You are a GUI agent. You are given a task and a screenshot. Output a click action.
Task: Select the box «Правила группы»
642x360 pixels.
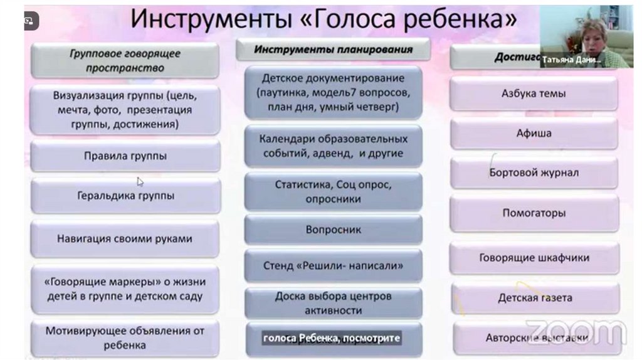pos(125,156)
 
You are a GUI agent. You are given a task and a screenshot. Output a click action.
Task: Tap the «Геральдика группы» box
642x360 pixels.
pos(125,196)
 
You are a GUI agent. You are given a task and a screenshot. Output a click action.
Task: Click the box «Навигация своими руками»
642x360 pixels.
pos(125,239)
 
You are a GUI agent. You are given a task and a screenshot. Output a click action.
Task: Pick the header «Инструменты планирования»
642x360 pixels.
pos(333,50)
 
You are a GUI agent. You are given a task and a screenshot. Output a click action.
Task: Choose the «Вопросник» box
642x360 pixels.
pos(333,230)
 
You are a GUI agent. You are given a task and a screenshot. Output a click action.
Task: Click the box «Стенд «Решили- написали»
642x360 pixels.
pos(333,265)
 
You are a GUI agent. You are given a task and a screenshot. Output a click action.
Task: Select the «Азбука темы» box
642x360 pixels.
pos(534,93)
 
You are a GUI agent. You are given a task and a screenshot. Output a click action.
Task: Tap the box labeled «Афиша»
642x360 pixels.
pos(534,133)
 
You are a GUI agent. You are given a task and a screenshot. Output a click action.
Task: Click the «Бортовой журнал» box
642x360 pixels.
pos(534,172)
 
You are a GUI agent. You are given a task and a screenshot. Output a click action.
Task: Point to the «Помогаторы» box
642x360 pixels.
pos(534,213)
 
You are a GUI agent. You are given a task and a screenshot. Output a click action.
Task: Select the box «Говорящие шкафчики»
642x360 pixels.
pos(534,258)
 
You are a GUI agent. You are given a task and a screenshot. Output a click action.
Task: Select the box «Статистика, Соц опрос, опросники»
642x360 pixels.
pos(333,192)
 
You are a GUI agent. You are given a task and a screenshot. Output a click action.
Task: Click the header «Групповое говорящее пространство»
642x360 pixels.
pos(125,60)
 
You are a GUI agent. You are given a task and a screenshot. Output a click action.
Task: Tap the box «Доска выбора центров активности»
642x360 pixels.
pos(333,303)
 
